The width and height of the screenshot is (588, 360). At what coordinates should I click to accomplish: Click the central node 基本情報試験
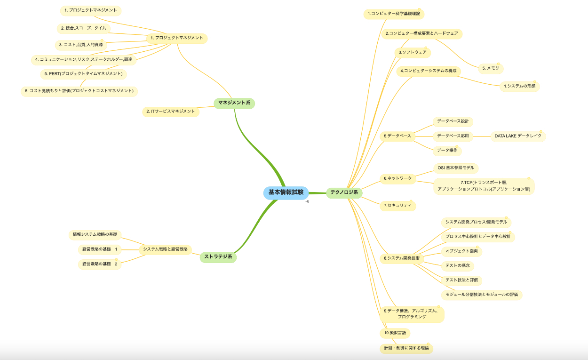tap(286, 192)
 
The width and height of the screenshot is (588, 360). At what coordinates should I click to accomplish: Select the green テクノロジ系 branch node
tap(344, 192)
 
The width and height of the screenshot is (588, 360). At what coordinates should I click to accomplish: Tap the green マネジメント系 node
tap(234, 103)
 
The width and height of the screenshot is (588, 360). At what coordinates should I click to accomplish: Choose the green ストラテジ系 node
tap(218, 257)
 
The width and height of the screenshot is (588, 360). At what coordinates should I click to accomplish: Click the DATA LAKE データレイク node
tap(518, 136)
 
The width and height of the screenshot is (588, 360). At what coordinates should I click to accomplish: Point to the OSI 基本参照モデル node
tap(455, 168)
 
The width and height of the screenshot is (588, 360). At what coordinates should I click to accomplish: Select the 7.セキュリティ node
tap(397, 206)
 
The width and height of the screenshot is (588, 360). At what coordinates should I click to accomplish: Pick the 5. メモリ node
tap(491, 68)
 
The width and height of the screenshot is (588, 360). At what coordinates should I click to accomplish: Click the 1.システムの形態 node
tap(519, 86)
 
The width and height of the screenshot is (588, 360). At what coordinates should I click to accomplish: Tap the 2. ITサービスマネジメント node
tap(170, 112)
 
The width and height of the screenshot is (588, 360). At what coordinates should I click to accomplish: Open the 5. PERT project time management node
tap(83, 74)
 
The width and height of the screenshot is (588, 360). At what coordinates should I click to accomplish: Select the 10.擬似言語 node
tap(394, 333)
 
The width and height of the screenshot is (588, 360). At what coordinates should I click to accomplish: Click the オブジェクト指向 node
tap(461, 251)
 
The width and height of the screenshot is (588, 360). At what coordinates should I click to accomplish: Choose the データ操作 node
tap(447, 151)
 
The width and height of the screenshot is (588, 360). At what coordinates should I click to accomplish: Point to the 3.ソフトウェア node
tap(412, 52)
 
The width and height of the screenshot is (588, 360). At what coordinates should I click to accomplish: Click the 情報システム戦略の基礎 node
tap(95, 234)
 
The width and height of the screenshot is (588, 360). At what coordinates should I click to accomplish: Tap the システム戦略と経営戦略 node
tap(165, 249)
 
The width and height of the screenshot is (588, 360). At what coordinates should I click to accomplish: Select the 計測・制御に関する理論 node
tap(406, 349)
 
